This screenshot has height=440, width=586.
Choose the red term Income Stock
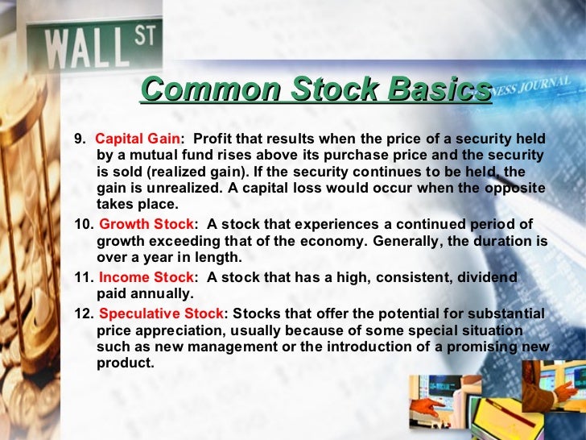[x=146, y=277]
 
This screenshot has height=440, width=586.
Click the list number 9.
[x=79, y=139]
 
